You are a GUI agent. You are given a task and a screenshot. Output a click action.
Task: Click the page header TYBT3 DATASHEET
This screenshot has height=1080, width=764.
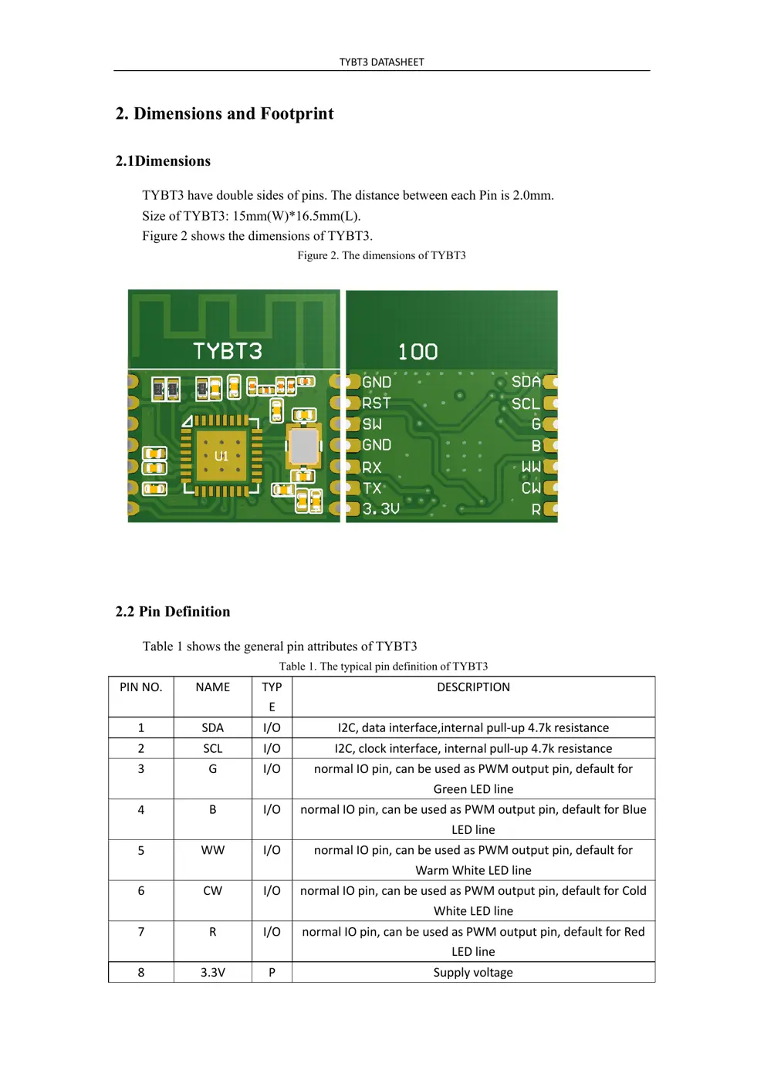coord(381,62)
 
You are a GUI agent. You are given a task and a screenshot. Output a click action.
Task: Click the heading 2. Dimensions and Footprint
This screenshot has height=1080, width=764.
coord(225,113)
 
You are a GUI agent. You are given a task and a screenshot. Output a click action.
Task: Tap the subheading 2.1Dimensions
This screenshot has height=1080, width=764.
coord(163,161)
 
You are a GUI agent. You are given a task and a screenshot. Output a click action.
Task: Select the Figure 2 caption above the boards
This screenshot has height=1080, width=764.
coord(381,255)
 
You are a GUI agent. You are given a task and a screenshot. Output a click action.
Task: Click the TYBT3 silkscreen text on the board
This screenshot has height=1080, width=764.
coord(228,352)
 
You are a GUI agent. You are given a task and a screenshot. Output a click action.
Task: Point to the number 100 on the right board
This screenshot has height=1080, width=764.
coord(417,353)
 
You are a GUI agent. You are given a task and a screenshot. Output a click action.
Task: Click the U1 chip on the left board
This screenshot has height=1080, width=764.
coord(221,456)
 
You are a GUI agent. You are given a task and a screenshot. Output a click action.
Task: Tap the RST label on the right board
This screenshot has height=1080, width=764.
coord(377,403)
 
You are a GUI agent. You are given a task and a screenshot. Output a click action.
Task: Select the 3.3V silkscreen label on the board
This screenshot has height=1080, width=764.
coord(381,509)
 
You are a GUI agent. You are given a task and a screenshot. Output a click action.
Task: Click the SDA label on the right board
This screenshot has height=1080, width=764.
coord(526,382)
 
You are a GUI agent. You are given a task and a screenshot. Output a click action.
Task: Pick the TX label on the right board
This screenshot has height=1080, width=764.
coord(372,488)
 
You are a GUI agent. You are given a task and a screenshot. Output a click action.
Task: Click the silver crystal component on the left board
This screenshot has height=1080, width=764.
coord(303,446)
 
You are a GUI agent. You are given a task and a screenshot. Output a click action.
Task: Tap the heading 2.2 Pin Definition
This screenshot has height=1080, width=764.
coord(173,612)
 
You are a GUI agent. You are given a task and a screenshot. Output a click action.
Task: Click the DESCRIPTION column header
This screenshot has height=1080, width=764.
coord(473,687)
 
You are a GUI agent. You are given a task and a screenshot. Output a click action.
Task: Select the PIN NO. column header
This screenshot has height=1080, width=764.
coord(140,687)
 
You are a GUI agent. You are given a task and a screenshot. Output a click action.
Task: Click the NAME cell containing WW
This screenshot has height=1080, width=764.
coord(213,850)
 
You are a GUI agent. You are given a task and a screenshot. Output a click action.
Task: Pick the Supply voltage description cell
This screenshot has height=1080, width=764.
coord(473,972)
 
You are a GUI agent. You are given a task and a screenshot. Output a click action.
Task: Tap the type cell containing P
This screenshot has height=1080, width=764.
coord(272,972)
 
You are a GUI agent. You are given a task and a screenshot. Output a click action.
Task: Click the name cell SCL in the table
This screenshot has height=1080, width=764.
coord(213,748)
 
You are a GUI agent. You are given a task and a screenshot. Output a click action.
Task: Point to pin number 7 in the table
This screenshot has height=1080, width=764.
coord(140,932)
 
